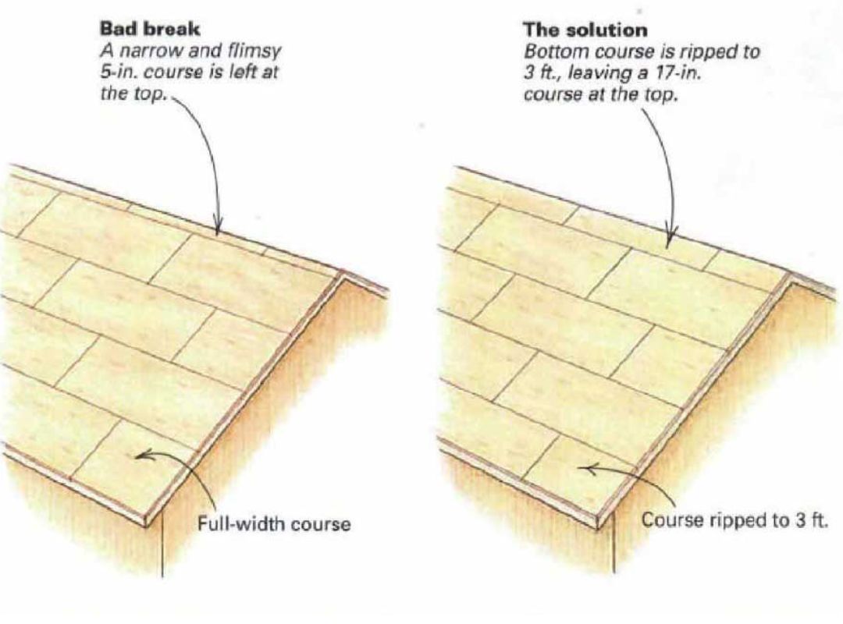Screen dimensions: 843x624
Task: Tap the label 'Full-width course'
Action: coord(273,523)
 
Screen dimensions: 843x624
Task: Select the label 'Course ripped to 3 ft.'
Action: coord(733,520)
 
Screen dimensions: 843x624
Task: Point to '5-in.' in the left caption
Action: coord(116,69)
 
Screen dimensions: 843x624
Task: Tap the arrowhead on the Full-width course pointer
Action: coord(138,456)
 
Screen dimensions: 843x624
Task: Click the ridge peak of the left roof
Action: coord(343,272)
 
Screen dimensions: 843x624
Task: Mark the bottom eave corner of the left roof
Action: coord(146,523)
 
